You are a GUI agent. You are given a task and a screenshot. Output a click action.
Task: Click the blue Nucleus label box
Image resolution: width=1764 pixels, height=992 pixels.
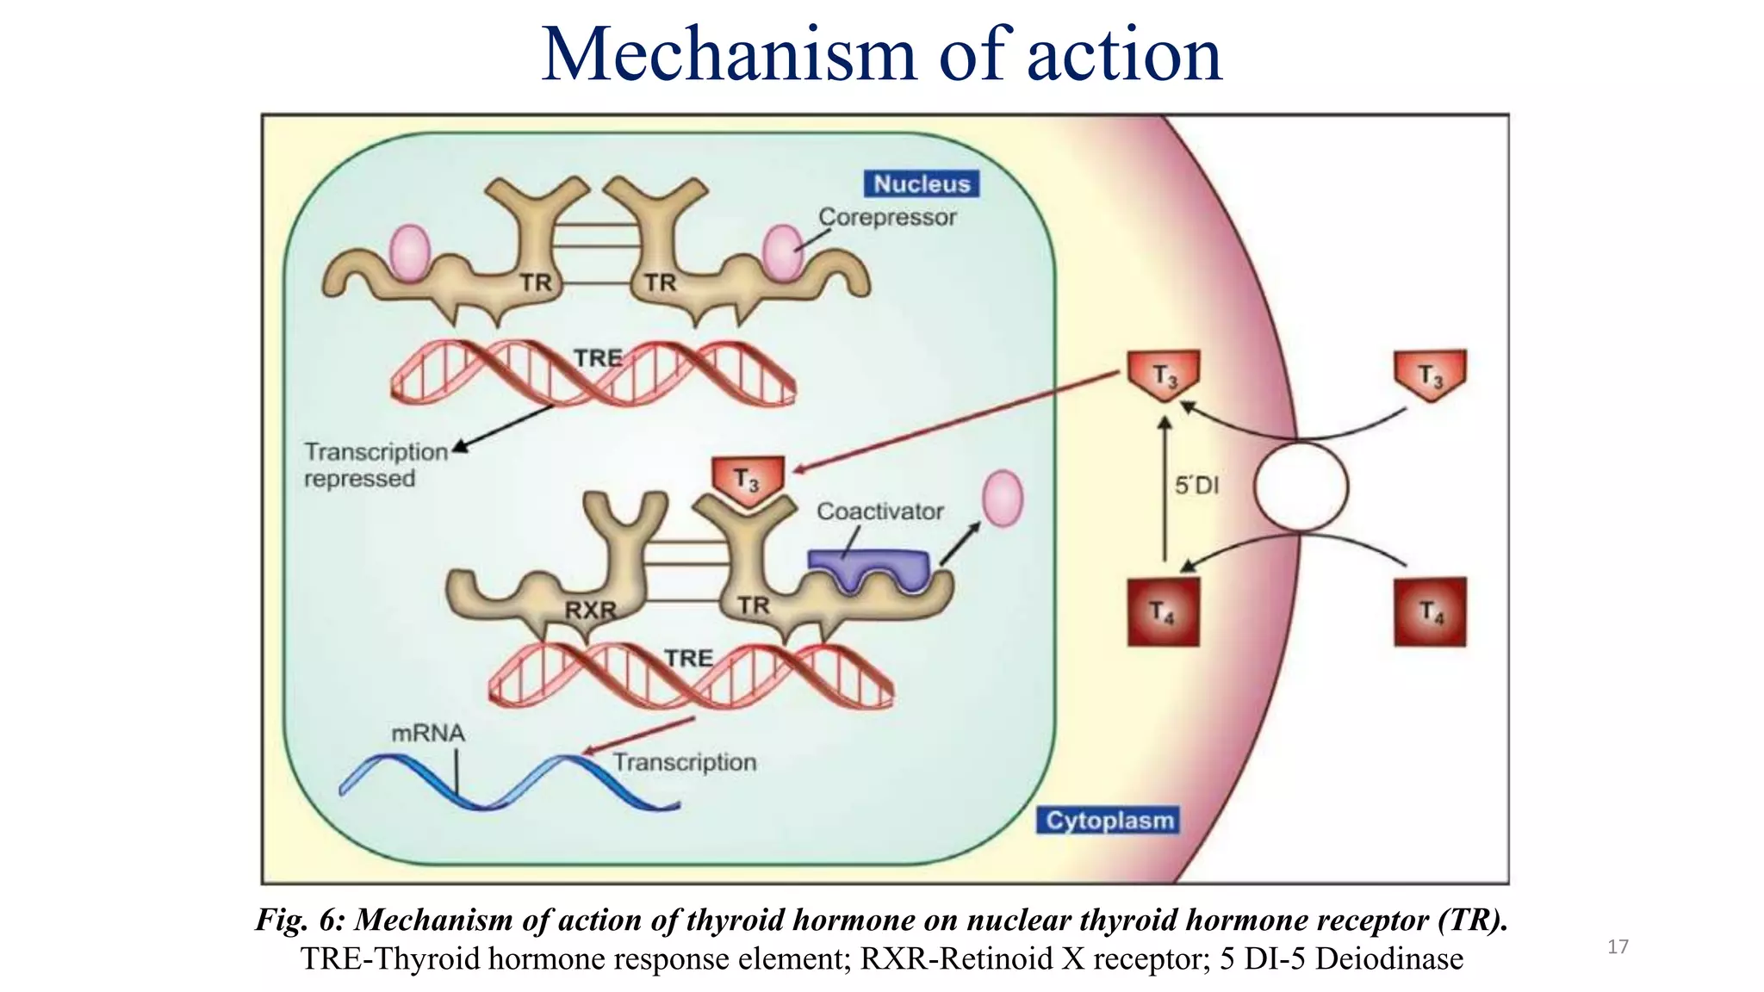[x=922, y=183]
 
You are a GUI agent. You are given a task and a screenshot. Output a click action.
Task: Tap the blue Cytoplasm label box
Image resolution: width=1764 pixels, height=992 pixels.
[x=1109, y=820]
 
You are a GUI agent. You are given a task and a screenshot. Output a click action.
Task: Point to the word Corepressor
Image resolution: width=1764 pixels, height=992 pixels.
[x=887, y=217]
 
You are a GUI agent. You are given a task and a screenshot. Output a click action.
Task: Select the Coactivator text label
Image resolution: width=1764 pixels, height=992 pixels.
[x=879, y=512]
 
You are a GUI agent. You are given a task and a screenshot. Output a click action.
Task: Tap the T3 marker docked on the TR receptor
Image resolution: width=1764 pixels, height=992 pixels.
[x=748, y=479]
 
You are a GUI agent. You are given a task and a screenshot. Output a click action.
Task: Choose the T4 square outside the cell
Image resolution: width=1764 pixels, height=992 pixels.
[x=1430, y=612]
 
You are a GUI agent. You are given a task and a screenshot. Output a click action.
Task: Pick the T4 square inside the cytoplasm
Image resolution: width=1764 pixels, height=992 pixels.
[x=1163, y=612]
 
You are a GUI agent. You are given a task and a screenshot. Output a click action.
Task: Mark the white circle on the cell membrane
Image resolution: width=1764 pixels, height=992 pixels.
[x=1301, y=487]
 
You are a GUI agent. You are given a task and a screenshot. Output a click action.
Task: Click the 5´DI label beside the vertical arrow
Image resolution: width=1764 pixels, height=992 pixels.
[x=1197, y=486]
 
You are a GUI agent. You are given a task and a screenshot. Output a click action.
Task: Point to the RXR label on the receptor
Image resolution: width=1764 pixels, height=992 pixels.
[x=590, y=611]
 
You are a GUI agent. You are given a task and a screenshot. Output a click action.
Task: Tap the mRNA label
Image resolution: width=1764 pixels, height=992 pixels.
[x=428, y=734]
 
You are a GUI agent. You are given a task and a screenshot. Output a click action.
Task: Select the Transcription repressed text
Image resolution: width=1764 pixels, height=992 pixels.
[x=376, y=465]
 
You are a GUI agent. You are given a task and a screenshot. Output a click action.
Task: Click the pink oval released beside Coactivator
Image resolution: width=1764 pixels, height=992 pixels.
[x=1003, y=499]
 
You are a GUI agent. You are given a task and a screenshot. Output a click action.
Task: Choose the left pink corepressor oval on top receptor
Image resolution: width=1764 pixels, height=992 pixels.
[x=410, y=253]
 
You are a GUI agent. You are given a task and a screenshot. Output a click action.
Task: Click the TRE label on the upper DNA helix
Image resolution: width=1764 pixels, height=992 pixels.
[x=598, y=357]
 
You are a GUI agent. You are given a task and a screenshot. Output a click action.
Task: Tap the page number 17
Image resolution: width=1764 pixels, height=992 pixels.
[x=1618, y=947]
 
